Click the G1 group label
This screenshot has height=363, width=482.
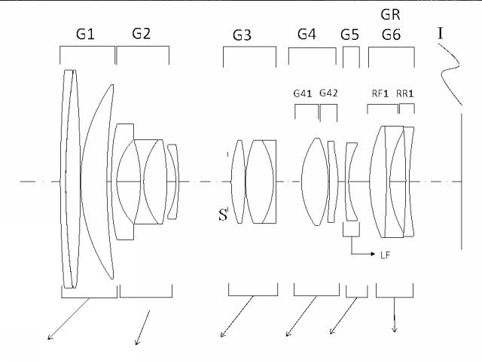pos(85,34)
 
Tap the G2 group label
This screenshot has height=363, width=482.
pos(142,33)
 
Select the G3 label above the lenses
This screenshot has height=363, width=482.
pos(242,35)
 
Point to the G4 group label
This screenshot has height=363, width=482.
pos(307,34)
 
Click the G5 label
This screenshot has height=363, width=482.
pos(349,35)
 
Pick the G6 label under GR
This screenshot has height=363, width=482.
pos(391,35)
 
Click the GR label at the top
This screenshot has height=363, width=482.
pos(390,14)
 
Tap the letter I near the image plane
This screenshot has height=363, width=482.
pos(441,33)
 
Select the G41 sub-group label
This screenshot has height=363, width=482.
pos(303,93)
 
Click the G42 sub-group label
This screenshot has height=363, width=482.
pos(328,93)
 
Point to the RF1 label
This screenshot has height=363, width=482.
pos(380,93)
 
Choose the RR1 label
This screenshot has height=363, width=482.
pos(405,93)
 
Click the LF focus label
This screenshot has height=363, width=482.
pos(385,255)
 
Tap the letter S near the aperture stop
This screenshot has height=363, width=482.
pos(223,215)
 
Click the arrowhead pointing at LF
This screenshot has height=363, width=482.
pos(373,254)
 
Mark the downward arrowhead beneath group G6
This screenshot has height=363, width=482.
pos(395,329)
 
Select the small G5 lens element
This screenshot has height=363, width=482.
pos(352,181)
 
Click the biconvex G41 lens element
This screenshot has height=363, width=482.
pos(315,181)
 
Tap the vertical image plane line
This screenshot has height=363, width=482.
pos(462,181)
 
